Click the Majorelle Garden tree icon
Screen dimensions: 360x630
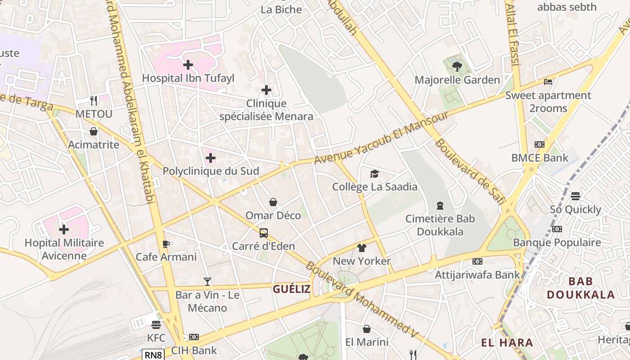457,67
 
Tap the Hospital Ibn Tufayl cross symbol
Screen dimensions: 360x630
188,65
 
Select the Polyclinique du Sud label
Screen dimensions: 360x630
211,171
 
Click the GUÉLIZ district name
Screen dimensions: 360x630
292,289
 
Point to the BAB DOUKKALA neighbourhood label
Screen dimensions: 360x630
580,288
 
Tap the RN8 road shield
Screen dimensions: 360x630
153,355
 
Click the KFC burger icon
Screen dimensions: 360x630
156,324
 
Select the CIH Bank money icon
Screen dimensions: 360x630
194,337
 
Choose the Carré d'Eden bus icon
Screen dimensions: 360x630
264,233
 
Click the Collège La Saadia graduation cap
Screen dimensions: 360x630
374,174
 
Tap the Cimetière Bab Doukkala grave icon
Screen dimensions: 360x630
440,206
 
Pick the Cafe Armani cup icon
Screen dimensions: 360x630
166,244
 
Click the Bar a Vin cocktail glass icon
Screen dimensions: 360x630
207,282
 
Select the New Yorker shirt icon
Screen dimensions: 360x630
362,247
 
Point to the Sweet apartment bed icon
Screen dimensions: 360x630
548,82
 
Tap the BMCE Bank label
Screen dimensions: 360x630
540,158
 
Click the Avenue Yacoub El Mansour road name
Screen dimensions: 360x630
382,137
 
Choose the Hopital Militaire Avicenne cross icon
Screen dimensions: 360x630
64,229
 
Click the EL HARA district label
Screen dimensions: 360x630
507,343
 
